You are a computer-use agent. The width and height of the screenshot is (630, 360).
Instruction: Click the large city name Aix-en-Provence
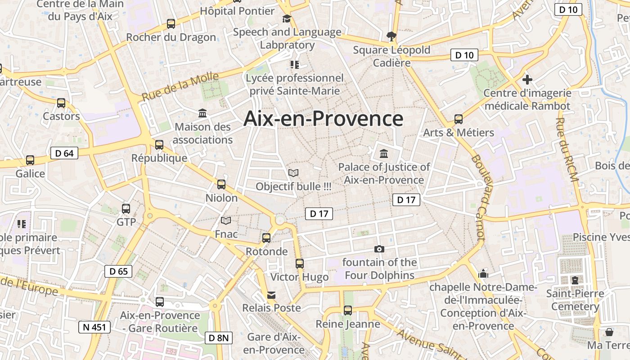323,119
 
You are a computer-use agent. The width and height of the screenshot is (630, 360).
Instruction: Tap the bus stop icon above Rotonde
266,238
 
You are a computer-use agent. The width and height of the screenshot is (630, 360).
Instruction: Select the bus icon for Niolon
221,184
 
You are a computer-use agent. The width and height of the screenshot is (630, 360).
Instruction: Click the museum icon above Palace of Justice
384,154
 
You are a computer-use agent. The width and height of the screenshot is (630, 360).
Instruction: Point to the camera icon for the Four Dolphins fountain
379,249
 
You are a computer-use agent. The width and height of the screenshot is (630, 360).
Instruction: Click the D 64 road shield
64,153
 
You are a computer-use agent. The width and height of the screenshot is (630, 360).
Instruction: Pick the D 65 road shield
118,271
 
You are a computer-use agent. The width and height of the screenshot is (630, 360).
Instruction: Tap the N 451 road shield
94,327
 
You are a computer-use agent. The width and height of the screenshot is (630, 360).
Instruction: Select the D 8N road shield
219,337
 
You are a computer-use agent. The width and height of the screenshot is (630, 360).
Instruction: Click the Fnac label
226,234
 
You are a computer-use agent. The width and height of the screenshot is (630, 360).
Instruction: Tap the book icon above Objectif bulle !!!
293,173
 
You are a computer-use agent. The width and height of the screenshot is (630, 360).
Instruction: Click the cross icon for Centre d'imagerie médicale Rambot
527,80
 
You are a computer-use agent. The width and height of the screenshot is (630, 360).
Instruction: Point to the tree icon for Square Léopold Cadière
391,36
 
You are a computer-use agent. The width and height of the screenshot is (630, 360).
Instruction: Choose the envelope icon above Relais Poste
271,295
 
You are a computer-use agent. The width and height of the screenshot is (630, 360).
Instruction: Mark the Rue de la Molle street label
180,86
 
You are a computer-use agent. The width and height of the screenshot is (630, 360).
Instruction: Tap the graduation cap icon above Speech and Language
287,18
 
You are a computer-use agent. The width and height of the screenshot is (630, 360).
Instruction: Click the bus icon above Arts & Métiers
459,119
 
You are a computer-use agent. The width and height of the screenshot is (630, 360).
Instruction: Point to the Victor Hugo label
299,277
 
